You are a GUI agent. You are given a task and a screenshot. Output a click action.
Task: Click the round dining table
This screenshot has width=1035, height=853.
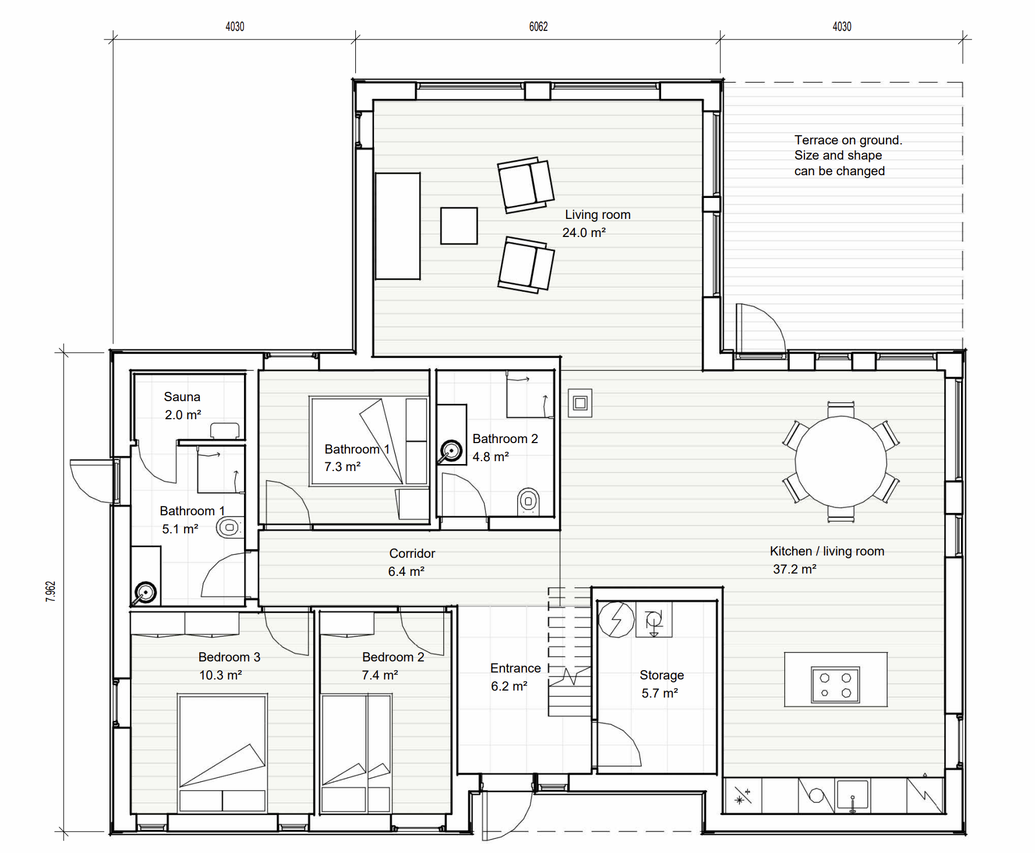(x=840, y=461)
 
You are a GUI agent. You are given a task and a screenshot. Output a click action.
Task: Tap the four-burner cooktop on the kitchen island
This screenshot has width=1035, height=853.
(x=835, y=685)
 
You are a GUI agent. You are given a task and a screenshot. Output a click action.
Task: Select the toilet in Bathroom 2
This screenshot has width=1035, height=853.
(x=528, y=501)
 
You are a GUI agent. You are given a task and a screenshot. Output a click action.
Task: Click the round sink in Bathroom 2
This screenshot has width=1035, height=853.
(x=451, y=450)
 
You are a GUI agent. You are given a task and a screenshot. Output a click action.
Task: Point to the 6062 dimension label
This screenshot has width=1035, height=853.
(x=538, y=27)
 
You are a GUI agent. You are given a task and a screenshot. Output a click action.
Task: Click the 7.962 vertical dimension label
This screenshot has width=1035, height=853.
(x=51, y=591)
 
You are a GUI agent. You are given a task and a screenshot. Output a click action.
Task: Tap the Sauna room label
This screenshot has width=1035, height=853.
(x=182, y=397)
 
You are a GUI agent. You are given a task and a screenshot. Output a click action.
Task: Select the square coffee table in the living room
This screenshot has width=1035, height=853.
(x=459, y=226)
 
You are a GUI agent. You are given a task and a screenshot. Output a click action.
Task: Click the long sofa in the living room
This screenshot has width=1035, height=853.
(x=398, y=226)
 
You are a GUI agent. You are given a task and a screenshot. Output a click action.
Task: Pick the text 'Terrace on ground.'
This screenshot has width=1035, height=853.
(x=848, y=140)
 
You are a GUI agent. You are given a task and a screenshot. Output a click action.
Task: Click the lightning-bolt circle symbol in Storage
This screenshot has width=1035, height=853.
(x=616, y=619)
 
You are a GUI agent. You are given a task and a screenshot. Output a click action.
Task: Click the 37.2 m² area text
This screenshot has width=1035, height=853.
(x=794, y=569)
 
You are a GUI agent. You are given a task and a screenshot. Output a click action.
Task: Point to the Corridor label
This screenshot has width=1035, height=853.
(x=412, y=554)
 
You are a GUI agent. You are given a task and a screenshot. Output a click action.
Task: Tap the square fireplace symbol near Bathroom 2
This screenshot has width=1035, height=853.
(x=580, y=403)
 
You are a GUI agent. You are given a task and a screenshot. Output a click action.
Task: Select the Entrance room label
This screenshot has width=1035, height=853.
(x=515, y=668)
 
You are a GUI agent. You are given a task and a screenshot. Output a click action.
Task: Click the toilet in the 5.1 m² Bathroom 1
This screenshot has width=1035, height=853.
(x=229, y=528)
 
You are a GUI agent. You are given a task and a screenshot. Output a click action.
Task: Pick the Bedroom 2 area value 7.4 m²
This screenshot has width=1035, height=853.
(x=380, y=675)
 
